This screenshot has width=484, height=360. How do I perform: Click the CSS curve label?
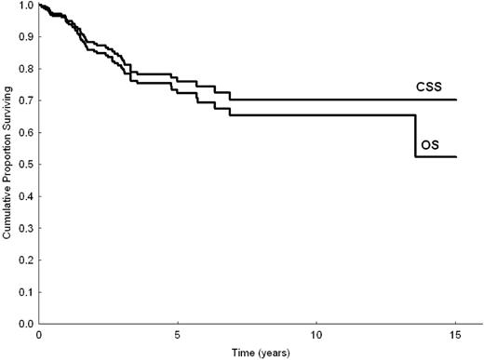(x=429, y=87)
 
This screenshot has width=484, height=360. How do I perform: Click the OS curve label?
(x=428, y=144)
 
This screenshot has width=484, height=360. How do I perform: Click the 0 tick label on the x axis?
(x=39, y=334)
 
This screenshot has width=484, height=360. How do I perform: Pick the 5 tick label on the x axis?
(x=178, y=334)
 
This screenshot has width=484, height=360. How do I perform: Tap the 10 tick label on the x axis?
(x=316, y=334)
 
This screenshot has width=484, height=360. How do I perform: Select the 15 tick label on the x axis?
(x=455, y=334)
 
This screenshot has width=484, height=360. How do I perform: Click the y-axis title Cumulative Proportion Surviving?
(x=7, y=165)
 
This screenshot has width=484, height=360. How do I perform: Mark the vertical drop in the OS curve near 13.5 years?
(x=415, y=136)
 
